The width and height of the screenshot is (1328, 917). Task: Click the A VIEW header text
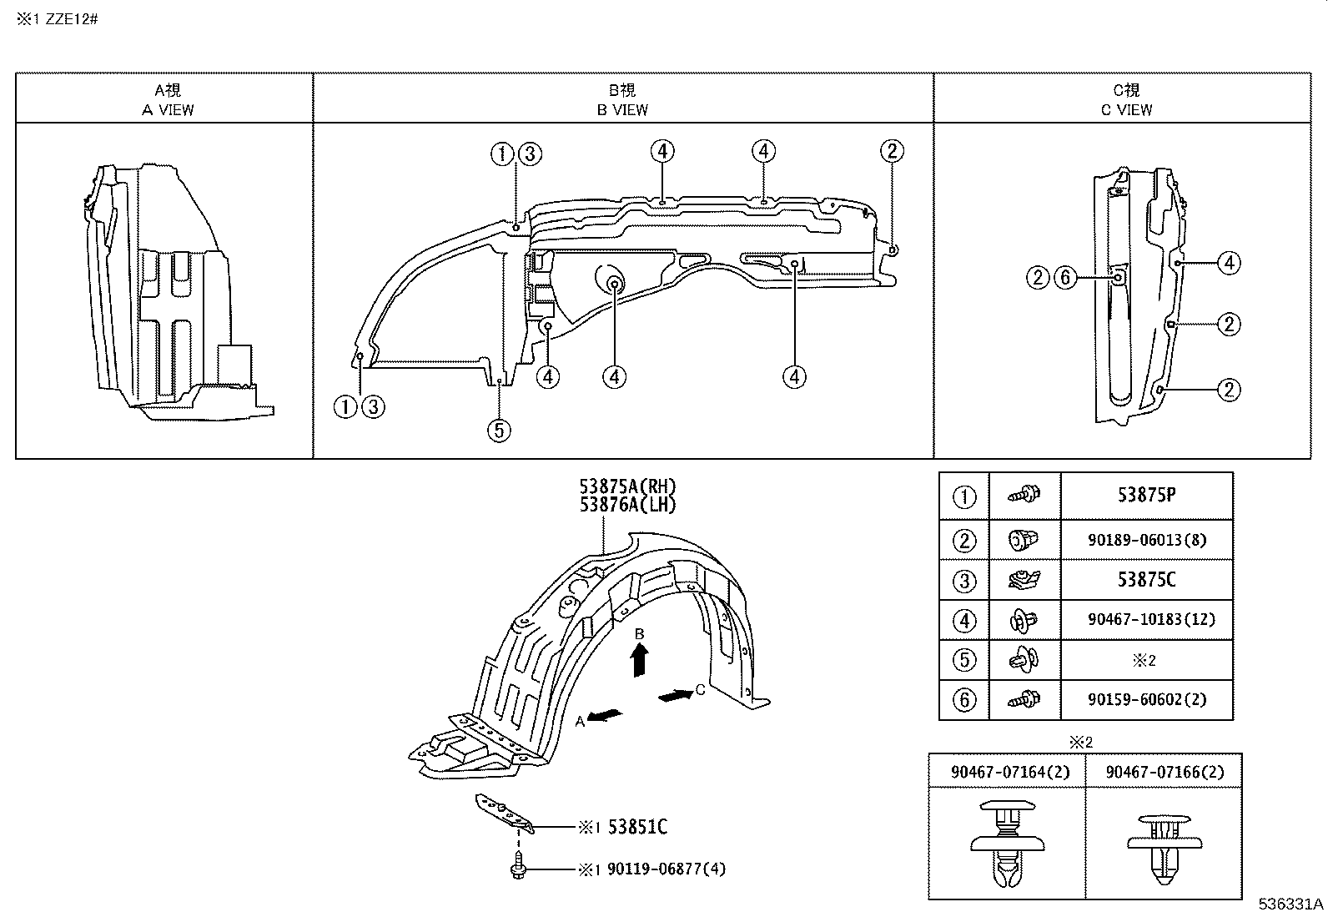pos(167,109)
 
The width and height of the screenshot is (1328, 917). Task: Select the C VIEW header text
pos(1126,109)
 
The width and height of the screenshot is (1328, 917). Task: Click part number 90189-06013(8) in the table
pos(1146,540)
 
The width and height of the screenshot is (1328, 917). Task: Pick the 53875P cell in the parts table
pos(1146,495)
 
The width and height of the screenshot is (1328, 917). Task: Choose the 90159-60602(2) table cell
pos(1146,699)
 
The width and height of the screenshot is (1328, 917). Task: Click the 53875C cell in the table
pos(1146,580)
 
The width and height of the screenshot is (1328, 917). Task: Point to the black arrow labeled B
pos(639,661)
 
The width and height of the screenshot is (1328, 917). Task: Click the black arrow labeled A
pos(605,715)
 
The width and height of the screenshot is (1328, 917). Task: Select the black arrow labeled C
pos(675,695)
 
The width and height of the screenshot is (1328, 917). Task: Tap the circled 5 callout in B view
pos(498,431)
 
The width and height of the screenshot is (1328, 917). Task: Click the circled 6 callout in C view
pos(1065,277)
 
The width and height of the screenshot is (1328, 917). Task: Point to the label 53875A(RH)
pos(628,487)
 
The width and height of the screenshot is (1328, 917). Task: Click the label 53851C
pos(637,827)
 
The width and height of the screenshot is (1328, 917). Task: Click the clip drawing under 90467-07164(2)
pos(1008,843)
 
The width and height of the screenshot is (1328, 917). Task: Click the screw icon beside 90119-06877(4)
pos(516,865)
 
